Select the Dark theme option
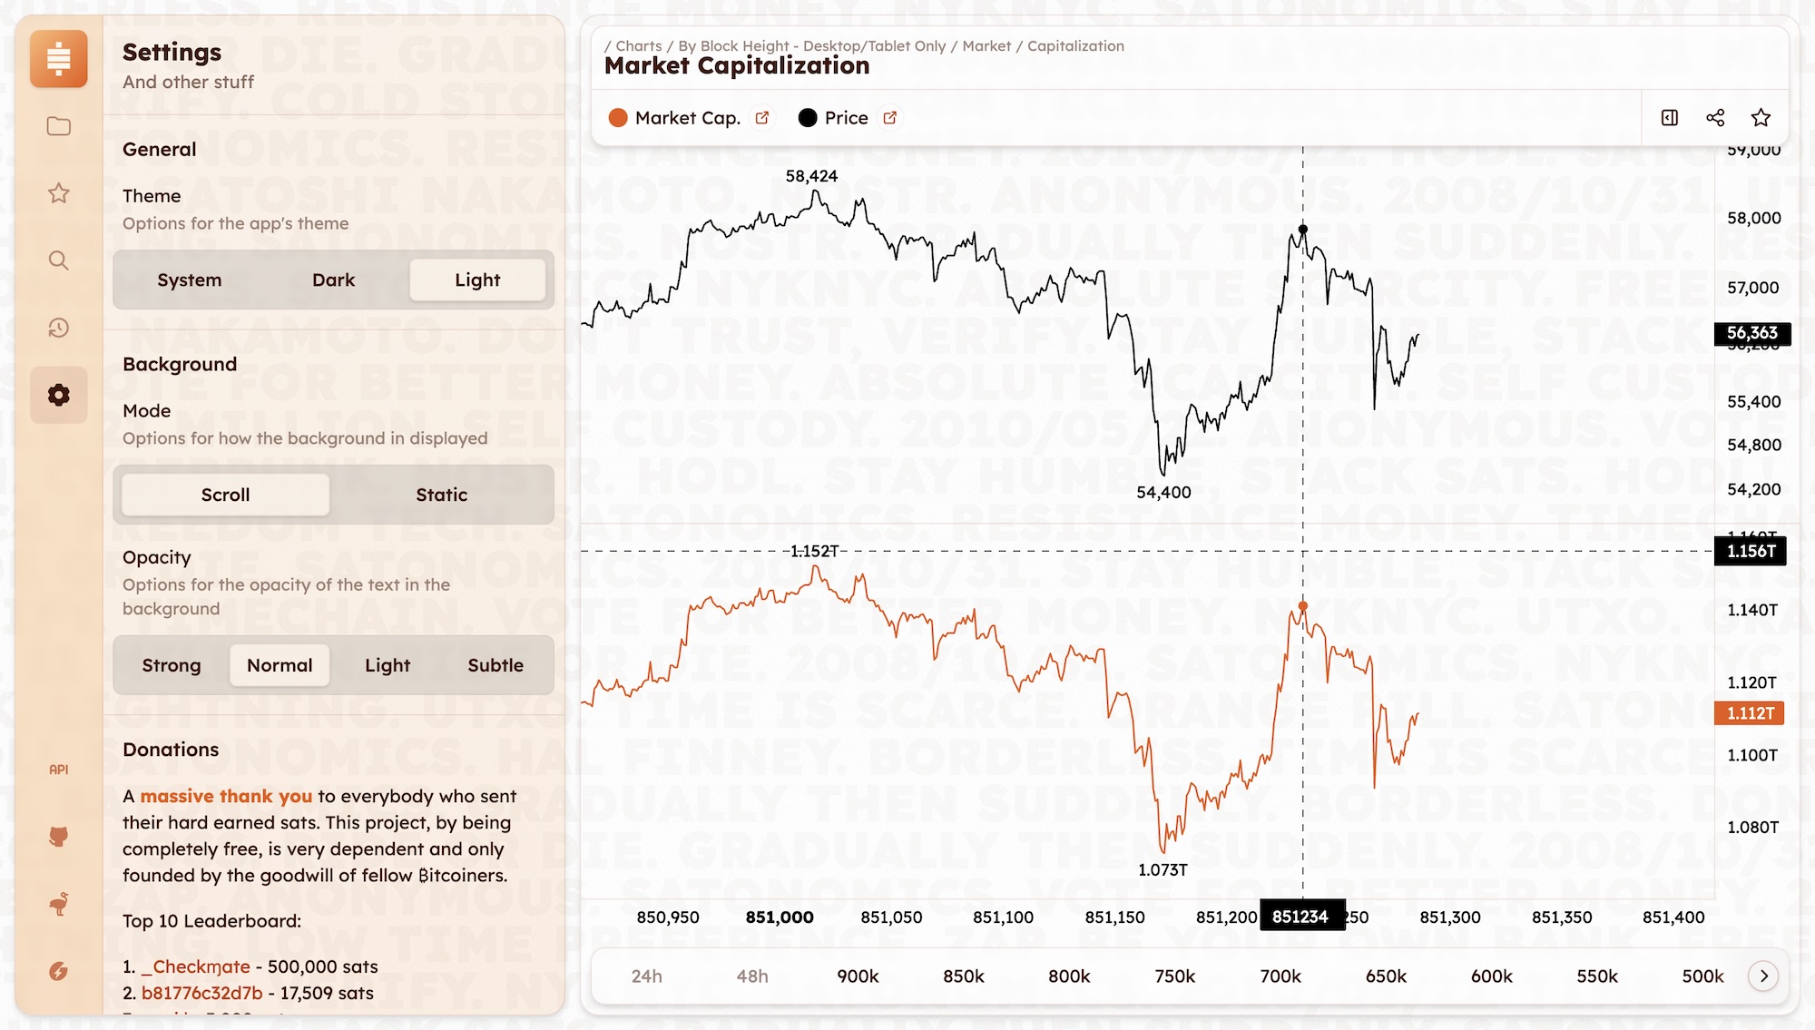[x=333, y=280]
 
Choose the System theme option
[x=189, y=280]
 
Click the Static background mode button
[x=441, y=495]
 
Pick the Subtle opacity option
[x=495, y=665]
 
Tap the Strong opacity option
[x=172, y=665]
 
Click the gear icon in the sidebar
[x=59, y=395]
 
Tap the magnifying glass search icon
[x=59, y=261]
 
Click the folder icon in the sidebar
[x=59, y=126]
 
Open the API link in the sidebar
[x=59, y=770]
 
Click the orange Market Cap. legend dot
[x=618, y=118]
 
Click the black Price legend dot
[x=807, y=118]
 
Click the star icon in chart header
[x=1761, y=118]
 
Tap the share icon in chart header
[x=1715, y=118]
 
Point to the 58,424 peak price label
[x=811, y=176]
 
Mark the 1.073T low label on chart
[x=1163, y=869]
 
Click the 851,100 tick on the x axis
[x=1003, y=917]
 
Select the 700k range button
[x=1280, y=976]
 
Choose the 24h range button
[x=647, y=976]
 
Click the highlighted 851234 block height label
[x=1300, y=917]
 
